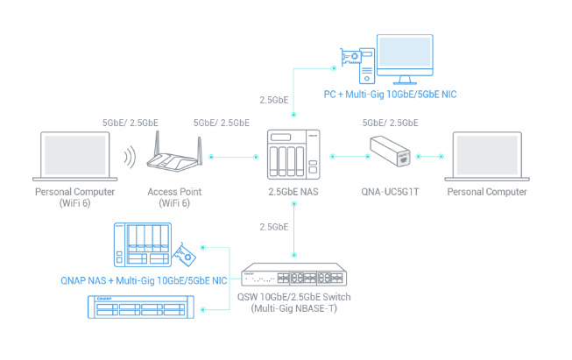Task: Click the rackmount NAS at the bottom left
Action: (141, 309)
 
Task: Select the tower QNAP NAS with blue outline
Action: (140, 246)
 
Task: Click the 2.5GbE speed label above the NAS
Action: (274, 99)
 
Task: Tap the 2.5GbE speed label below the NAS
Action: (274, 227)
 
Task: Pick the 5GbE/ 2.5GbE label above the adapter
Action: (391, 123)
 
